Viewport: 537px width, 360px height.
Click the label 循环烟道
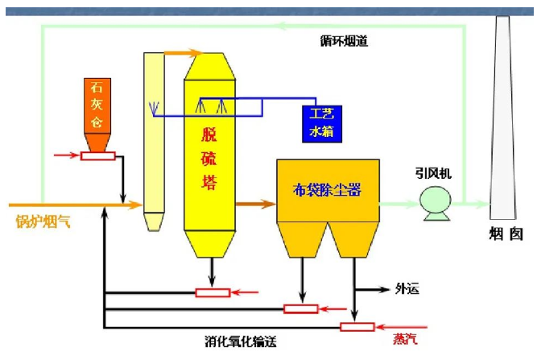coord(344,40)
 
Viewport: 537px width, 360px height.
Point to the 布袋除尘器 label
coord(327,191)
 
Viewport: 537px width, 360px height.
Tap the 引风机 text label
coord(436,172)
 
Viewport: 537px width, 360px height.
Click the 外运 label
coord(407,288)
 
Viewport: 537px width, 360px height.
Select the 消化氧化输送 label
coord(241,341)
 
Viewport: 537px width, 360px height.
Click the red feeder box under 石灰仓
coord(97,155)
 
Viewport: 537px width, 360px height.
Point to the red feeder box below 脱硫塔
coord(213,292)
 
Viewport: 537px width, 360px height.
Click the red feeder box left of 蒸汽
coord(356,326)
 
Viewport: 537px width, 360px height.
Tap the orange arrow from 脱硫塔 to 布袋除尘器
coord(255,205)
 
